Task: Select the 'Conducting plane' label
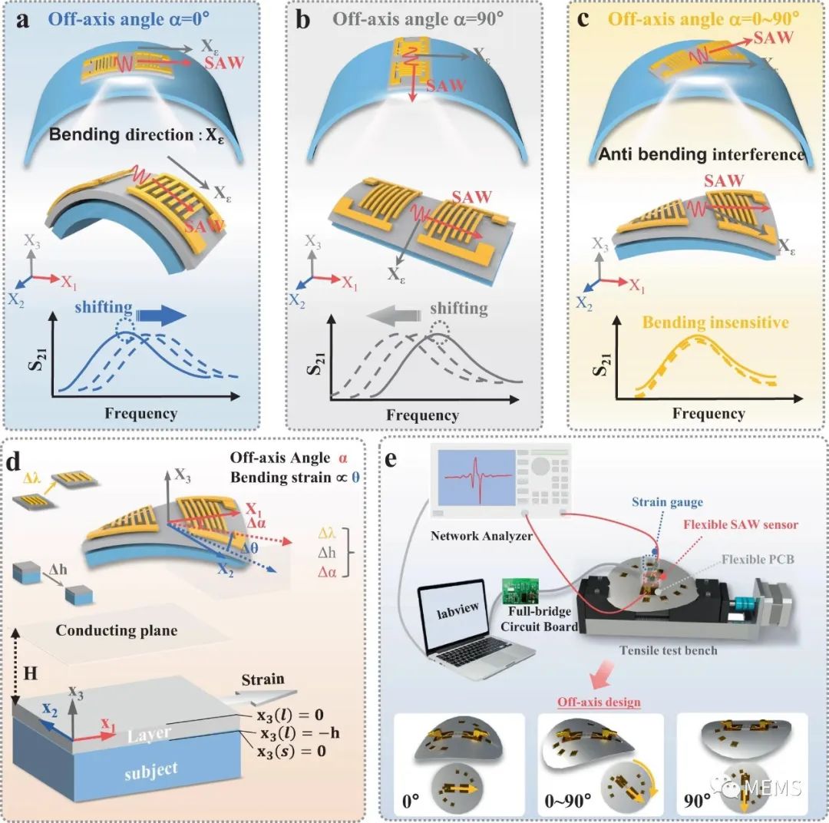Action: (117, 630)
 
